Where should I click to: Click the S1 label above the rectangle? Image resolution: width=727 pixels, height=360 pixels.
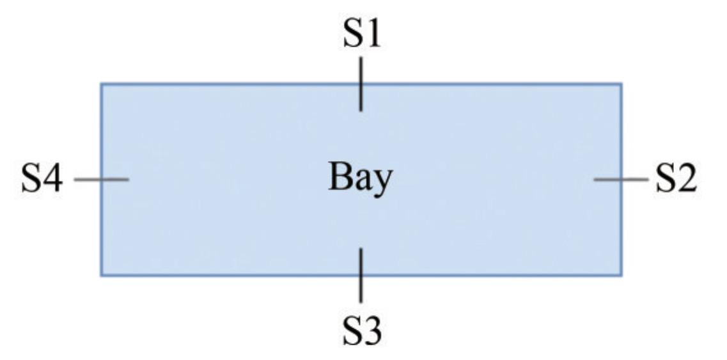tap(361, 35)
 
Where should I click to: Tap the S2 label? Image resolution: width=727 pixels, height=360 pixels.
tap(676, 179)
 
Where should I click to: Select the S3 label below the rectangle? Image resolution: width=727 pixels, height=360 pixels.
tap(361, 331)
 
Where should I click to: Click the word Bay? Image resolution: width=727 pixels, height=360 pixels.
tap(360, 178)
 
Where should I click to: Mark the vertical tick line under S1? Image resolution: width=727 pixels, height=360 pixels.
tap(361, 84)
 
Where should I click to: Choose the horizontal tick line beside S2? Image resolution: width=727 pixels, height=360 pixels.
tap(621, 180)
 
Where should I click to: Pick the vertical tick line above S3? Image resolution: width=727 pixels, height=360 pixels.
tap(361, 275)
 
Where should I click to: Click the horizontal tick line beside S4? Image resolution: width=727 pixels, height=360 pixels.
tap(102, 180)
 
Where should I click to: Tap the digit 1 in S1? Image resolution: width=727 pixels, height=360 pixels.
tap(373, 35)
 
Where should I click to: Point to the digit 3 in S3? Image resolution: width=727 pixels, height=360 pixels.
tap(373, 331)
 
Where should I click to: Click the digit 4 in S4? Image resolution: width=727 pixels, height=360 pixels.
tap(53, 179)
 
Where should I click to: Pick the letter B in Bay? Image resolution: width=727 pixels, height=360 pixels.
tap(340, 176)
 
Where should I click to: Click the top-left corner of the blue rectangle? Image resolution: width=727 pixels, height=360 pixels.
tap(101, 84)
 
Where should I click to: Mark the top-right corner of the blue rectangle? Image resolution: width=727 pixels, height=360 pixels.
tap(621, 84)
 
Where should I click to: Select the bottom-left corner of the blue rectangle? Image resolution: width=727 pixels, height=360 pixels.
tap(101, 275)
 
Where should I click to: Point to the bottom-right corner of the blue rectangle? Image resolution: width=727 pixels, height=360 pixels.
tap(621, 275)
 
